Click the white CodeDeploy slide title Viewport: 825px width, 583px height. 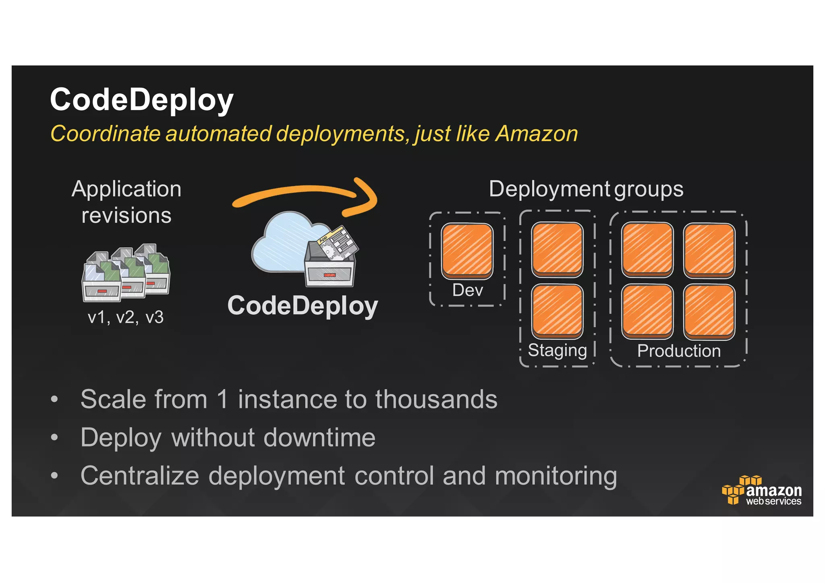tap(141, 100)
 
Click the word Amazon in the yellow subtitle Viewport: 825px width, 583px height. tap(537, 134)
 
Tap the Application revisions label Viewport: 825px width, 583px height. tap(126, 202)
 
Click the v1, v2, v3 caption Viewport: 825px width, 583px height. tap(126, 317)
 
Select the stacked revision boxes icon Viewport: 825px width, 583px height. tap(126, 273)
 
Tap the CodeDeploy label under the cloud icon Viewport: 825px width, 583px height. tap(303, 306)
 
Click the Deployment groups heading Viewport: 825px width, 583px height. tap(586, 189)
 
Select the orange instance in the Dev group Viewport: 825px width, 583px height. tap(467, 251)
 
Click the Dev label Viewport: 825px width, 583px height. tap(467, 290)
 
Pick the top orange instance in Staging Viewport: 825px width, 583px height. tap(557, 249)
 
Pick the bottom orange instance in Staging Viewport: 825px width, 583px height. tap(557, 311)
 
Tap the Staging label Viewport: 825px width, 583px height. tap(557, 351)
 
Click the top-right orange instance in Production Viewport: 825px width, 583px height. tap(709, 250)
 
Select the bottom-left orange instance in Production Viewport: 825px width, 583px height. tap(647, 311)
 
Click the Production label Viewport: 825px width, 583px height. tap(679, 351)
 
